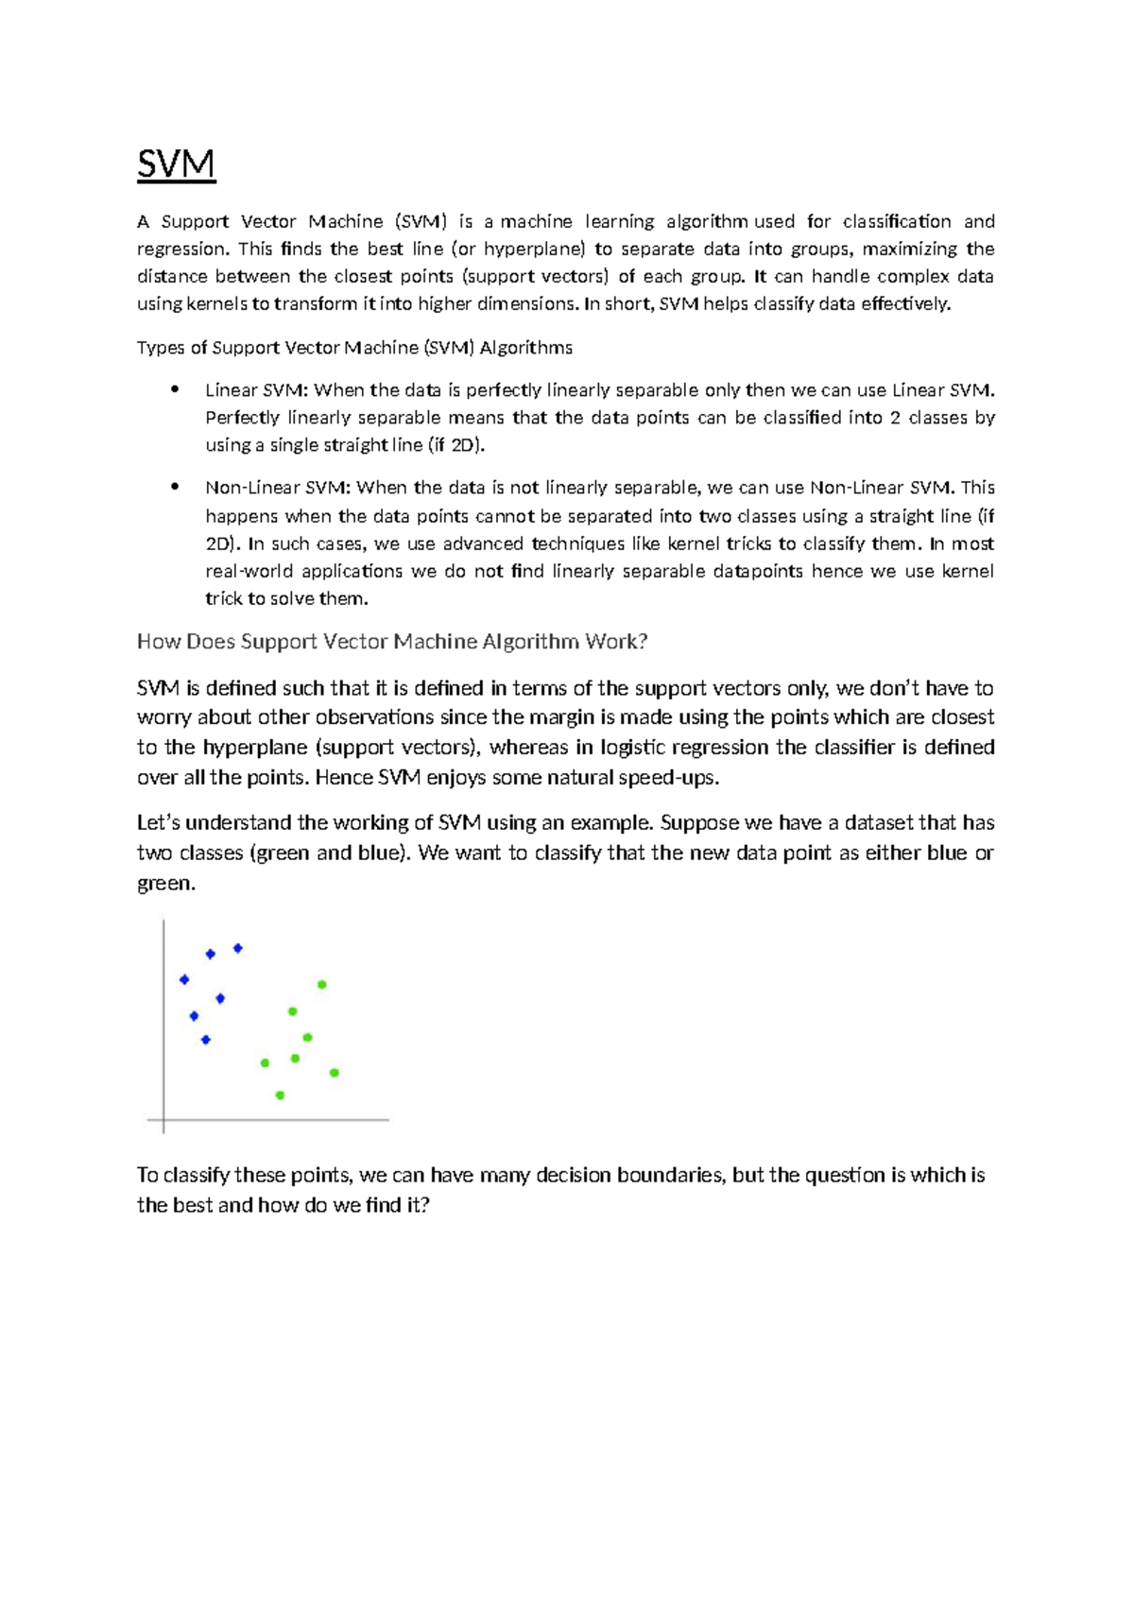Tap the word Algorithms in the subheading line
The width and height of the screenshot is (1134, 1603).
pyautogui.click(x=525, y=347)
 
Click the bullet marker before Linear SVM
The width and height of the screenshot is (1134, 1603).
pyautogui.click(x=174, y=389)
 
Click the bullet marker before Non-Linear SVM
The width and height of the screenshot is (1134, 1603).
pyautogui.click(x=174, y=487)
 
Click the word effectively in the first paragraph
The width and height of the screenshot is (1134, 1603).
pyautogui.click(x=904, y=303)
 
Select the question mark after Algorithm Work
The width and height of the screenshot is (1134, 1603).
pyautogui.click(x=643, y=641)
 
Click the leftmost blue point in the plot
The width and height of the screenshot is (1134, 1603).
pyautogui.click(x=184, y=979)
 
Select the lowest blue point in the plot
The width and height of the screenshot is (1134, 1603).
pyautogui.click(x=206, y=1040)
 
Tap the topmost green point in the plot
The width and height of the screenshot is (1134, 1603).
pyautogui.click(x=322, y=985)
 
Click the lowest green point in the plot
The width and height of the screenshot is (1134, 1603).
pyautogui.click(x=280, y=1095)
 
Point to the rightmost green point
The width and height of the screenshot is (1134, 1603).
pyautogui.click(x=335, y=1073)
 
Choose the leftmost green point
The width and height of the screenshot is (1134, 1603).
pyautogui.click(x=265, y=1063)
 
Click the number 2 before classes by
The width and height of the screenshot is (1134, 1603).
pyautogui.click(x=894, y=417)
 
